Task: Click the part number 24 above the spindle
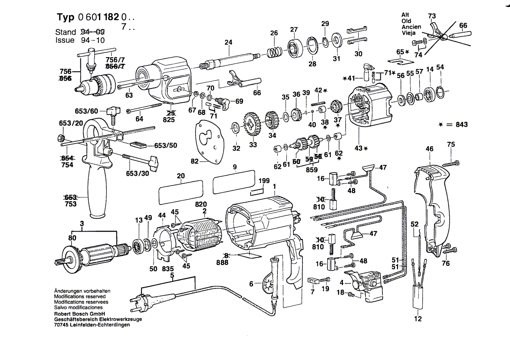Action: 228,43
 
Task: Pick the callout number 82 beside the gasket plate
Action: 194,161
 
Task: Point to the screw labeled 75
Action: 450,163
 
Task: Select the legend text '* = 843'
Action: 453,125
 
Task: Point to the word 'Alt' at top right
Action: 405,15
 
